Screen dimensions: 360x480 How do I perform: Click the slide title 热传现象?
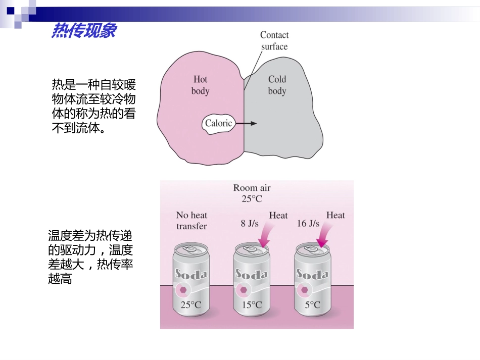tap(84, 31)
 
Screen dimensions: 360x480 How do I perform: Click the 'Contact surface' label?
tap(274, 41)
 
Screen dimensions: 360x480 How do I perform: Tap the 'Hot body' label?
tap(200, 85)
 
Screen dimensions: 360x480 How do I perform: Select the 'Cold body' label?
tap(277, 85)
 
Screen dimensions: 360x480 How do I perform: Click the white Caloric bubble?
tap(218, 123)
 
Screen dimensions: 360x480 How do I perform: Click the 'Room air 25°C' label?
tap(252, 193)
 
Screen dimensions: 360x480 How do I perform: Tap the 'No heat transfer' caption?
tap(191, 221)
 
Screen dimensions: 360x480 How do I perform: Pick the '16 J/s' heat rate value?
tap(308, 223)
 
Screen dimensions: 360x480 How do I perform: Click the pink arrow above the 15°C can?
tap(264, 234)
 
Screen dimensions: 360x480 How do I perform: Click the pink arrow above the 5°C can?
tap(325, 234)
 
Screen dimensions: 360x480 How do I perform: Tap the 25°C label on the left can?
tap(191, 305)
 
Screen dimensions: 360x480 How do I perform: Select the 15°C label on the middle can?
tap(252, 305)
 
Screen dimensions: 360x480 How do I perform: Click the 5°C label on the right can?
tap(312, 305)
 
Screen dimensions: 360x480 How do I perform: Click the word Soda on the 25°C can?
tap(190, 275)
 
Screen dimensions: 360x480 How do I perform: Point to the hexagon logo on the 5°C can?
tap(304, 290)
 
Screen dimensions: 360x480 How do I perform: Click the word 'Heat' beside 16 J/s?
tap(335, 216)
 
